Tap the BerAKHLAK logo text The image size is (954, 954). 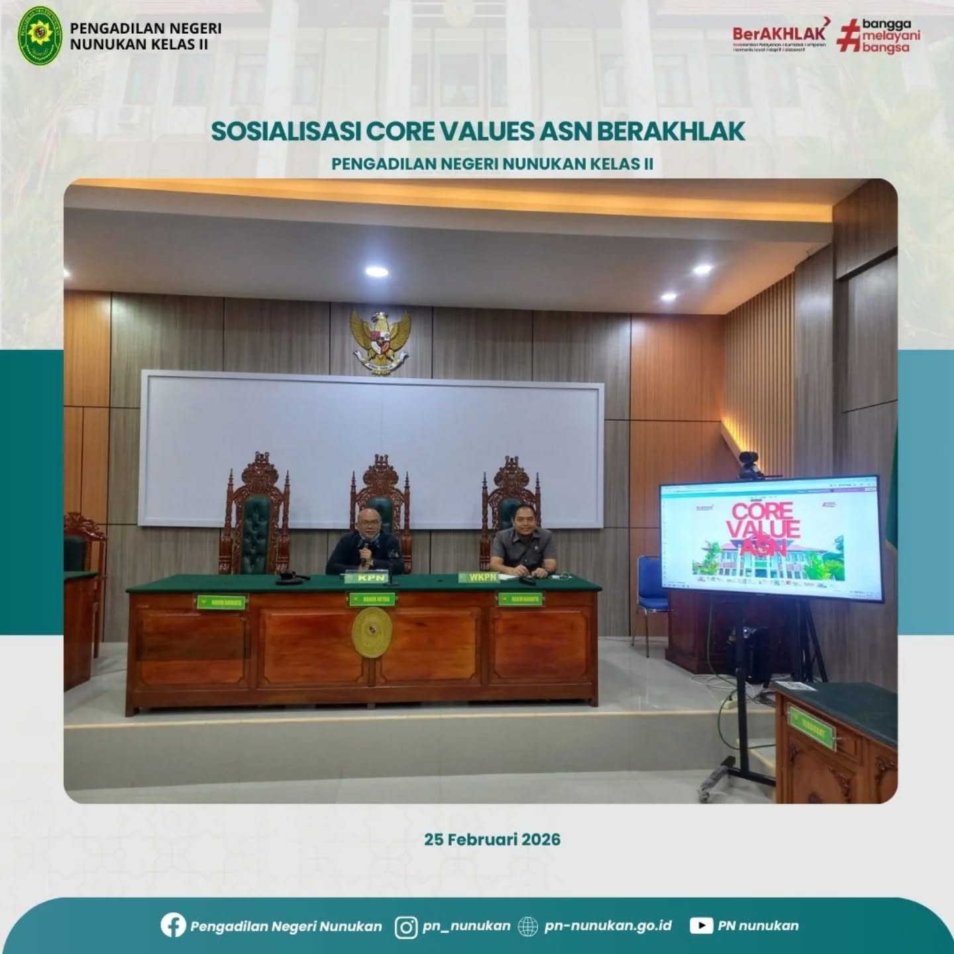coord(779,33)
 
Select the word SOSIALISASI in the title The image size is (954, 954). coord(286,131)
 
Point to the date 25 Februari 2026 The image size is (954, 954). coord(492,839)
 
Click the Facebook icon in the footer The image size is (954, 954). coord(173,926)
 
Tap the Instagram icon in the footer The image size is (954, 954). coord(406,926)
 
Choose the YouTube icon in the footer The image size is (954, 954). coord(701,926)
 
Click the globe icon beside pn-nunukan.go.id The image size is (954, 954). coord(527,926)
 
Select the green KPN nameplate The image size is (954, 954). coord(371,578)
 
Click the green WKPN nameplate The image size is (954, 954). coord(478,578)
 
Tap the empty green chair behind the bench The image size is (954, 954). coord(255,530)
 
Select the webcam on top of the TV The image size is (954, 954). coord(748,460)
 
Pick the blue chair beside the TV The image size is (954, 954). coord(649,583)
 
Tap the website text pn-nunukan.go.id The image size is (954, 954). coord(608,926)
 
